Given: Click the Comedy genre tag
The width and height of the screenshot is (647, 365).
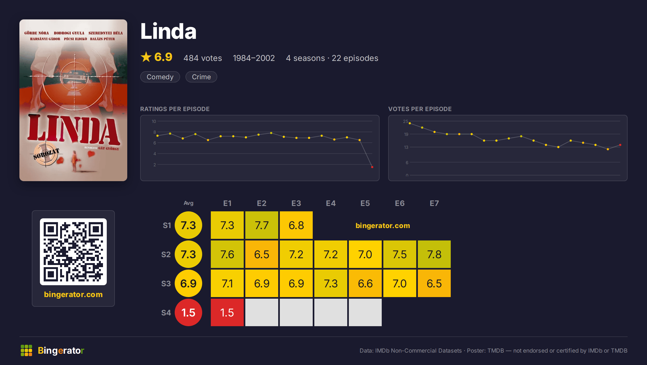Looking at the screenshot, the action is (160, 77).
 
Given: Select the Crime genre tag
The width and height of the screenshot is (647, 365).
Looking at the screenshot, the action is (201, 77).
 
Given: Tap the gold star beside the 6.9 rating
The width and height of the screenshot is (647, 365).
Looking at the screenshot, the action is (146, 57).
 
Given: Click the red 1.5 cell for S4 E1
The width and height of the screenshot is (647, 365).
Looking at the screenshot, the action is (227, 312).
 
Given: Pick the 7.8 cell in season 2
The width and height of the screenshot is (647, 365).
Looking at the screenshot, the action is (434, 254).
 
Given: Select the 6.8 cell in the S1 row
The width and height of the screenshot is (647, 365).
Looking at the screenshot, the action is (296, 225).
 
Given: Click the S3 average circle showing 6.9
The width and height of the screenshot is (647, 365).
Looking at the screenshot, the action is (188, 283).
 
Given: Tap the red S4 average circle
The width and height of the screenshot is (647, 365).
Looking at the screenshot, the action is (188, 312).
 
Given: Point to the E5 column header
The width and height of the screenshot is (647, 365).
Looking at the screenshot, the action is (365, 203).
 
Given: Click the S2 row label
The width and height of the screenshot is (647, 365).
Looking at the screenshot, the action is (166, 254).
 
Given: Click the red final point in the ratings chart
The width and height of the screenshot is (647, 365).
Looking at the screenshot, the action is (372, 167).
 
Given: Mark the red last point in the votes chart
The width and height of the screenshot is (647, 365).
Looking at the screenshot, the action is (620, 145).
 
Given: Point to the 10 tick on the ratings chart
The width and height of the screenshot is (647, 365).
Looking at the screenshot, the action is (154, 121).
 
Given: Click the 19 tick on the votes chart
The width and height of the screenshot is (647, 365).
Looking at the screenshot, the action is (406, 134).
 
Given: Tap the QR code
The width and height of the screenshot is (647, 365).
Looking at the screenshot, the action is (73, 252).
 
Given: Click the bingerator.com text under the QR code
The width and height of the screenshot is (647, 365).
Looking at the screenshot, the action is (73, 294).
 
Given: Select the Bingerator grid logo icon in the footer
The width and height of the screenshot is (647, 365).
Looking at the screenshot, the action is (26, 350).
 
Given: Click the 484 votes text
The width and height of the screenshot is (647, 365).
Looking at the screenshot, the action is (203, 58).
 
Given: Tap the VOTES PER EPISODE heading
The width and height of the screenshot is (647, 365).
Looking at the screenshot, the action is (420, 109).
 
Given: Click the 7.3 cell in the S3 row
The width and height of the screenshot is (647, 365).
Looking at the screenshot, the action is (331, 283).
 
